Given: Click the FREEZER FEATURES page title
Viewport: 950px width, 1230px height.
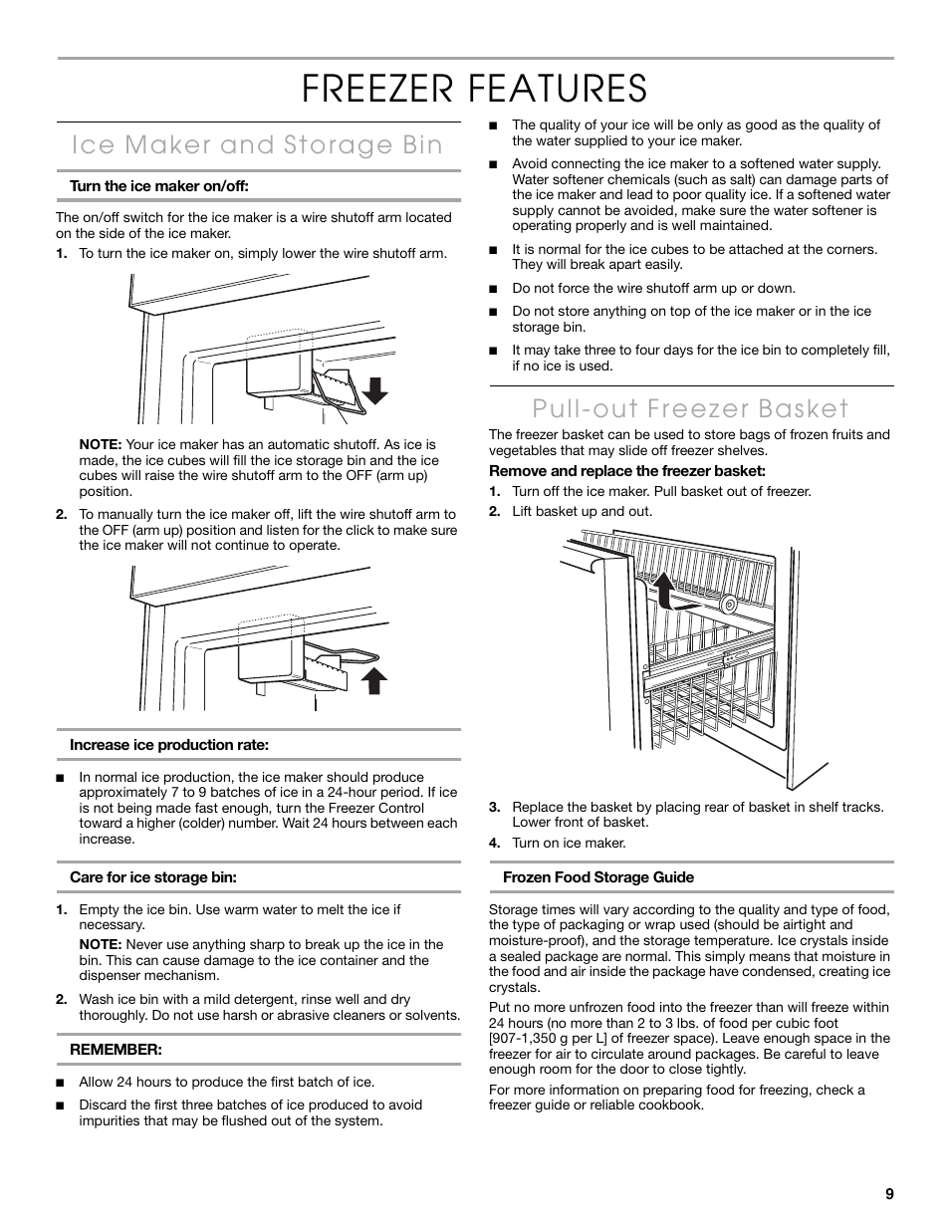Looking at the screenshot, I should pyautogui.click(x=475, y=88).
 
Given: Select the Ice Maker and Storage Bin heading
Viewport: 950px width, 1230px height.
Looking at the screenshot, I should pyautogui.click(x=257, y=145).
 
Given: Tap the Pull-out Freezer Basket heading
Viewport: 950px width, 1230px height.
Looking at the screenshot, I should pyautogui.click(x=690, y=408).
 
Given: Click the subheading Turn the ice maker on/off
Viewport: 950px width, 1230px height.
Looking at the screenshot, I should pyautogui.click(x=158, y=186).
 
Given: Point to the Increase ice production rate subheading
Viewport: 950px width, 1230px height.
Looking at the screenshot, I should pyautogui.click(x=169, y=745).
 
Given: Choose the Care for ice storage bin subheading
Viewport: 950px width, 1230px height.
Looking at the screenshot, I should pyautogui.click(x=158, y=877).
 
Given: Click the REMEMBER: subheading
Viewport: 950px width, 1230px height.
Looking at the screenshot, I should pyautogui.click(x=115, y=1050).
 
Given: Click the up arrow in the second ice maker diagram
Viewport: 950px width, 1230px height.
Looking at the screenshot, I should pyautogui.click(x=372, y=680).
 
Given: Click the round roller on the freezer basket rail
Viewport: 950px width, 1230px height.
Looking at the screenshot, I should pyautogui.click(x=729, y=604).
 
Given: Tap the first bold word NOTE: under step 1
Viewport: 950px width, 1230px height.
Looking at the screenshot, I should pyautogui.click(x=101, y=445).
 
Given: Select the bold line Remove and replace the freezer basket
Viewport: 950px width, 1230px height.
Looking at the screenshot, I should pyautogui.click(x=626, y=471).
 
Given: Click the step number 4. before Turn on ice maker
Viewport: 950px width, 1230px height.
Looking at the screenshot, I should pyautogui.click(x=494, y=844).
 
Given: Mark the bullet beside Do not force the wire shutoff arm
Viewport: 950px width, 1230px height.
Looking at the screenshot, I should pyautogui.click(x=492, y=289).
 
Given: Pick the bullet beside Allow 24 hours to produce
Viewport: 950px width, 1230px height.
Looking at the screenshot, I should pyautogui.click(x=60, y=1083).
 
